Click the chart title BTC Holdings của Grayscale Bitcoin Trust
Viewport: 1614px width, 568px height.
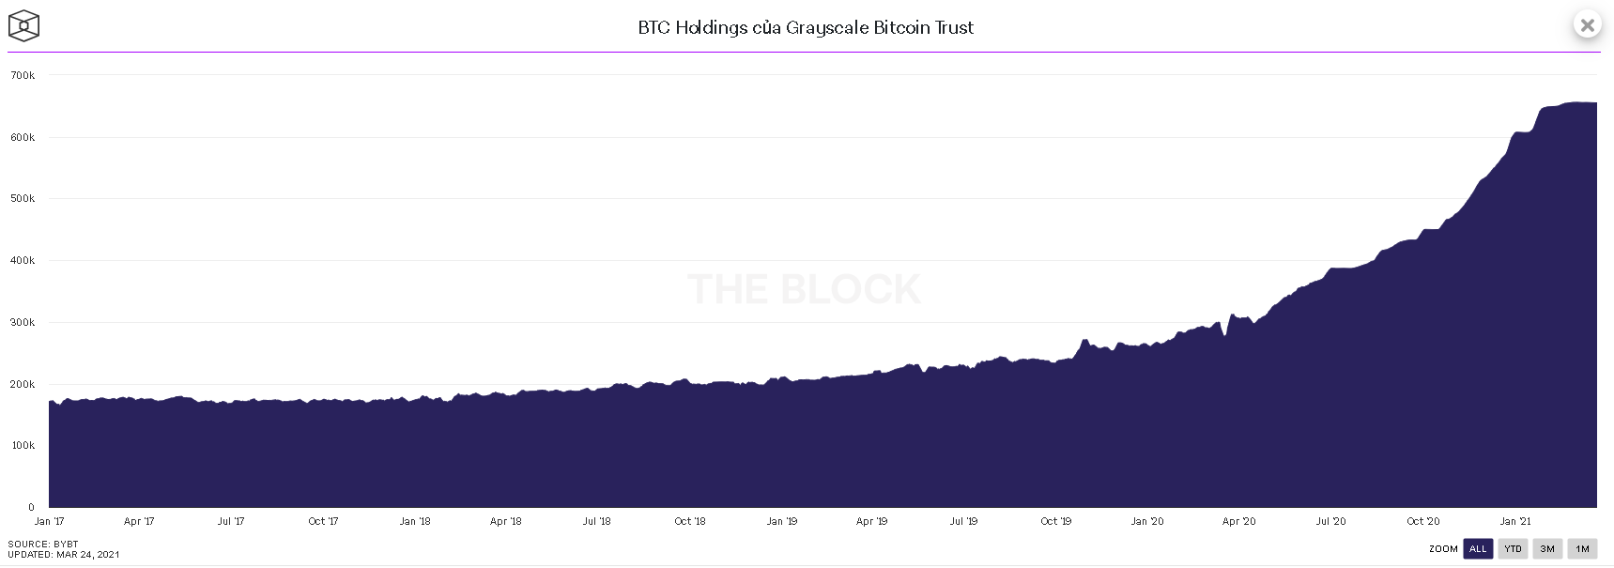tap(806, 27)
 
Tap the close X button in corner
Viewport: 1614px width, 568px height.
tap(1587, 25)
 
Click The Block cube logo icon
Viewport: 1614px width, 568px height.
tap(23, 26)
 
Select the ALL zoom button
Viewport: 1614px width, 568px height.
tap(1478, 549)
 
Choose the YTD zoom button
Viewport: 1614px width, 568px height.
tap(1513, 549)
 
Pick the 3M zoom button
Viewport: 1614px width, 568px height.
tap(1547, 549)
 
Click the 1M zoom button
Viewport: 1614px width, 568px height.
tap(1582, 549)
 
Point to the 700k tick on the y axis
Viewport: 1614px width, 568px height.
tap(23, 75)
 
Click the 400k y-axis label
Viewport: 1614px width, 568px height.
tap(23, 260)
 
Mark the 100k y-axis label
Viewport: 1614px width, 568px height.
tap(23, 445)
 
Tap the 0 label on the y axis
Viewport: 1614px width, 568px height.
tap(31, 507)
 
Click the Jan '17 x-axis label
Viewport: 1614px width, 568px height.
tap(49, 521)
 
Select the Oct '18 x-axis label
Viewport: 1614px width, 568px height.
tap(689, 521)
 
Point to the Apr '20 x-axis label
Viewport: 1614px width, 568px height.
tap(1238, 521)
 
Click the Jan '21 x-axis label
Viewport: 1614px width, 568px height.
tap(1514, 521)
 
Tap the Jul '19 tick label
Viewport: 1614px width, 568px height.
tap(963, 521)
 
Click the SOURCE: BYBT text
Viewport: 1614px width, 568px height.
tap(43, 544)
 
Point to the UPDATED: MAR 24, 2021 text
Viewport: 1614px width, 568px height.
tap(64, 554)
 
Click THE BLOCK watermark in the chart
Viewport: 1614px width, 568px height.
tap(804, 289)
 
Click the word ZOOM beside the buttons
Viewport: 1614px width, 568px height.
tap(1443, 549)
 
